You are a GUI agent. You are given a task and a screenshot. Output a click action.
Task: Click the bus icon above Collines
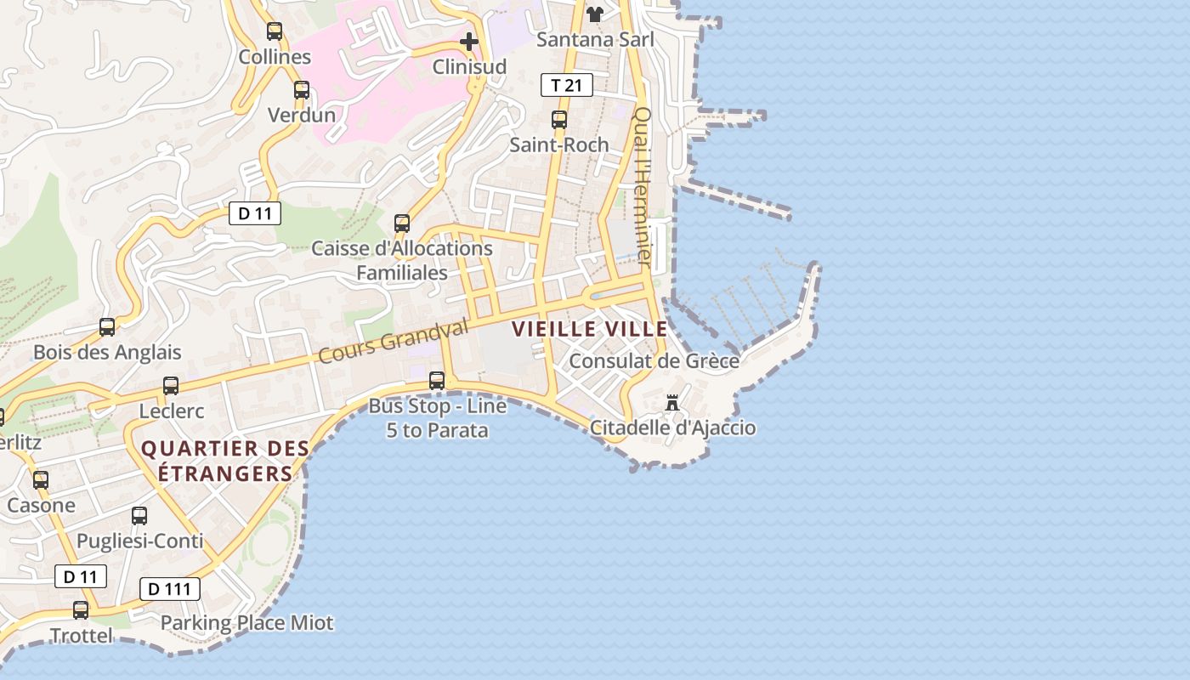pos(275,31)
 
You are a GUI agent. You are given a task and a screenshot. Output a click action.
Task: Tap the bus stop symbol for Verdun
pos(302,89)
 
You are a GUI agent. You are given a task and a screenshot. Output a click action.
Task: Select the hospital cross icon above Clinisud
pos(469,41)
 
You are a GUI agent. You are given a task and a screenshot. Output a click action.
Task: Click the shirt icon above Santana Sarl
pos(595,14)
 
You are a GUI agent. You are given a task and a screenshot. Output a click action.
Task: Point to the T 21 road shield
pos(567,85)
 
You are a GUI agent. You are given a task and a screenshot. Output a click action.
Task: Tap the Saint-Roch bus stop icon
pos(559,120)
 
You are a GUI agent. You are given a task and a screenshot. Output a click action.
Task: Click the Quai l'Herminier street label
pos(643,187)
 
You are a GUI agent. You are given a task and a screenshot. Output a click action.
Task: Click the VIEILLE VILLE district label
pos(589,329)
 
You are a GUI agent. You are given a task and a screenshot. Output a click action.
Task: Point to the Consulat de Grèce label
pos(654,360)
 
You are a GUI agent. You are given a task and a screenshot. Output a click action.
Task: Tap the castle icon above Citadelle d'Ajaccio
pos(672,402)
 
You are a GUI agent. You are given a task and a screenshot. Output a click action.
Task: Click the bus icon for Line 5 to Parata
pos(437,380)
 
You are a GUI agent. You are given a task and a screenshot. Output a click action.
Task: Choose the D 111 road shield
pos(170,589)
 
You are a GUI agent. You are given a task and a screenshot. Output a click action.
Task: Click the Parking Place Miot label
pos(247,623)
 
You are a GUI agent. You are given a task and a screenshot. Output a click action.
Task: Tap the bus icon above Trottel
pos(81,609)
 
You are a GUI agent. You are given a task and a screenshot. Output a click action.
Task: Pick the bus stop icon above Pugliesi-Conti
pos(139,515)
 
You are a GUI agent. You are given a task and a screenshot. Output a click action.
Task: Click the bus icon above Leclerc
pos(171,385)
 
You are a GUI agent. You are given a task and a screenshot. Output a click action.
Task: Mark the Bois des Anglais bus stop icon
pos(107,326)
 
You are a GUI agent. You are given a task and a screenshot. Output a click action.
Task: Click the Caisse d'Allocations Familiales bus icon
pos(402,224)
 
